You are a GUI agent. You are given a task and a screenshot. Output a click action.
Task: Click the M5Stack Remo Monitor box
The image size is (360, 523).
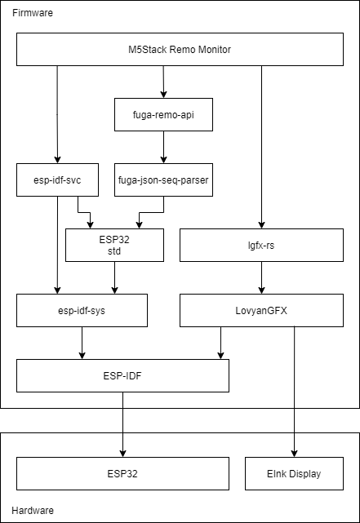180,50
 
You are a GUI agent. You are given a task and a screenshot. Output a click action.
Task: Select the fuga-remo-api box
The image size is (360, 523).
163,115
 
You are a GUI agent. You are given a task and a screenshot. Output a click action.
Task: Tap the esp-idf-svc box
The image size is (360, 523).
57,180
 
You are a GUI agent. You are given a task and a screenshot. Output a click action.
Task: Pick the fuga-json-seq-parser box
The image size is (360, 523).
163,180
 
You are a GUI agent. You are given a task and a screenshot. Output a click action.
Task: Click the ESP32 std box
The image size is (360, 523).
114,245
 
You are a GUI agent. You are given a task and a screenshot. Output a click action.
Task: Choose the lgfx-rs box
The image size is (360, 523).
261,245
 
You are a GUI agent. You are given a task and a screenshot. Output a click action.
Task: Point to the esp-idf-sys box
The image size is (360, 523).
82,311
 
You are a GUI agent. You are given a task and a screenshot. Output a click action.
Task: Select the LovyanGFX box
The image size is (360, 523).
261,311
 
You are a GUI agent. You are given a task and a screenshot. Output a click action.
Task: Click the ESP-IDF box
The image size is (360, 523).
122,376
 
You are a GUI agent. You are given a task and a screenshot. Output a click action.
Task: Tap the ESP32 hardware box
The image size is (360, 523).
122,473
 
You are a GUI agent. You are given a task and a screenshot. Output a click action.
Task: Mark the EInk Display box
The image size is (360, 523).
294,473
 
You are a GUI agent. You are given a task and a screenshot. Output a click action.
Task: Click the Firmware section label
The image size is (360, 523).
33,13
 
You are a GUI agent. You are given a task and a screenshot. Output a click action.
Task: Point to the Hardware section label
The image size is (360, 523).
33,510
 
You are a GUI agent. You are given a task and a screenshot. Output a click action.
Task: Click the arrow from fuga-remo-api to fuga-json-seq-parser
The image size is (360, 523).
163,147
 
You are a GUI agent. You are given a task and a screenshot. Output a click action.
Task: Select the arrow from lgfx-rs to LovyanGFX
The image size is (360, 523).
261,278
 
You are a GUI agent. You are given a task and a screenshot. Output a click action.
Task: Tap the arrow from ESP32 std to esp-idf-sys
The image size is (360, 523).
115,278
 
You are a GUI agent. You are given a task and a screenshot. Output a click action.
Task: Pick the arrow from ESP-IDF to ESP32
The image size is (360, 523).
122,424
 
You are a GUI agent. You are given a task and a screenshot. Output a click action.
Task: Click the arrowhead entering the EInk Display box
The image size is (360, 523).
294,454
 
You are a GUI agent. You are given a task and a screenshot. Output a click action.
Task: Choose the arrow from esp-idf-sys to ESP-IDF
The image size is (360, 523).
82,343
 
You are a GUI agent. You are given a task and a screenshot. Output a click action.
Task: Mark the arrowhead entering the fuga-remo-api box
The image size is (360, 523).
163,95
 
